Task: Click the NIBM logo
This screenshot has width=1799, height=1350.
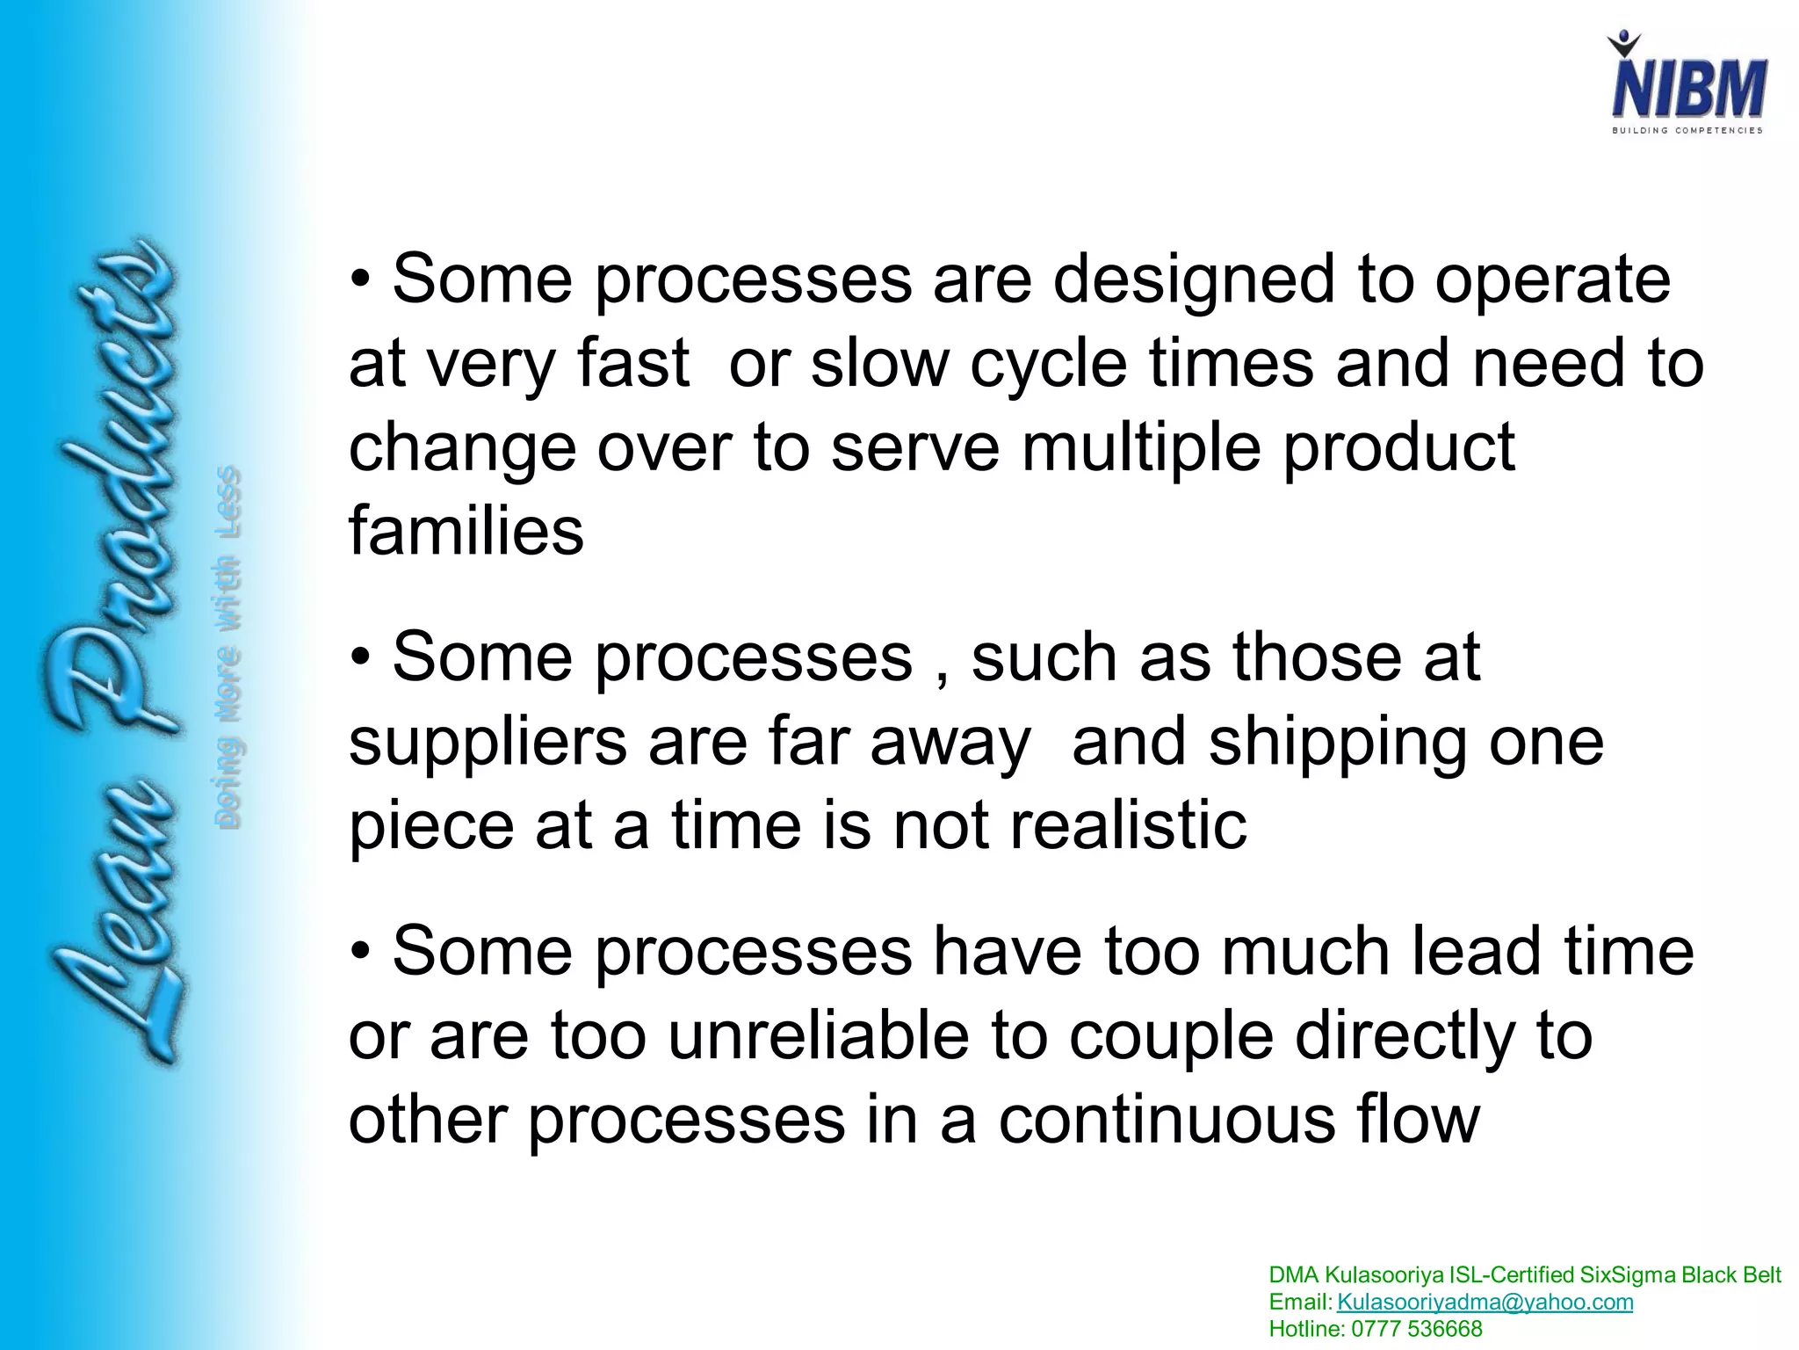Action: (1688, 88)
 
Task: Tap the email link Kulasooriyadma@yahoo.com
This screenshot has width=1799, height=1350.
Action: (1485, 1303)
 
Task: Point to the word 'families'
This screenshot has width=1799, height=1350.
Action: (466, 531)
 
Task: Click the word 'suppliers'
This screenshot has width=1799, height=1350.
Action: (488, 744)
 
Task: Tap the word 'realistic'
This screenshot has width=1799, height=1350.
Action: (1128, 826)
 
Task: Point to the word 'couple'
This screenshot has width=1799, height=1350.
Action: (1170, 1035)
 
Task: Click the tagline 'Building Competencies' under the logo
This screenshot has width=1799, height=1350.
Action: (1687, 130)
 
